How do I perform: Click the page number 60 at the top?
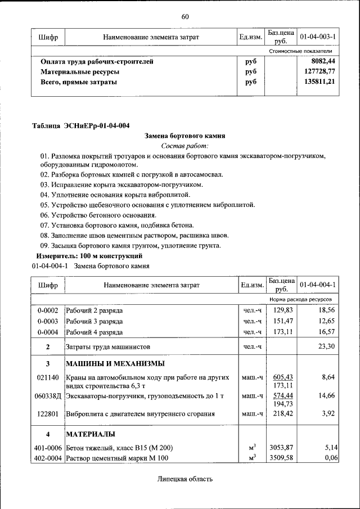tap(184, 16)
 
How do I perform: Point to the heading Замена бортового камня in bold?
tap(184, 136)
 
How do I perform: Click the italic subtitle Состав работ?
tap(184, 146)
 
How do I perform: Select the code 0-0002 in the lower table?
tap(48, 310)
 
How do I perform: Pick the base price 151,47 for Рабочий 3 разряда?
tap(280, 321)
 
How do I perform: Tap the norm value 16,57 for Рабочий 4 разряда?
tap(326, 332)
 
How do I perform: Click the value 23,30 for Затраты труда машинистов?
tap(326, 346)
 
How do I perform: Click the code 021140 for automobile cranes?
tap(48, 377)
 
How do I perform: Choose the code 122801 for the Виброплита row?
tap(48, 415)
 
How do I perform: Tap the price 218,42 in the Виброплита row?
tap(280, 415)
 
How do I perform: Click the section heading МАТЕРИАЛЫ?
tap(91, 434)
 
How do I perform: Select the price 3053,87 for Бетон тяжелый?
tap(280, 448)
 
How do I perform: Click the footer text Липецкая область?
tap(184, 479)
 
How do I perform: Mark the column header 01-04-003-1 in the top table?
tap(318, 37)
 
